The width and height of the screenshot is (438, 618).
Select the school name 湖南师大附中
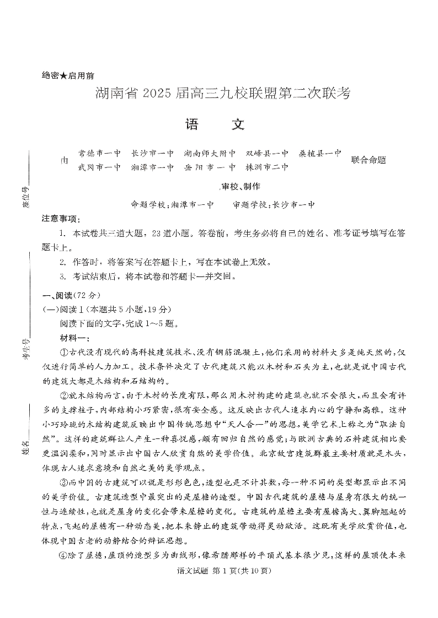point(210,154)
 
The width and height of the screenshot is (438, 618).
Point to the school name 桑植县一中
point(320,153)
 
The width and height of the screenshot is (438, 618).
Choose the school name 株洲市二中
point(267,167)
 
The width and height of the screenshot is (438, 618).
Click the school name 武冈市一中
point(99,167)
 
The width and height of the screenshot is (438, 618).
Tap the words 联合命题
point(368,160)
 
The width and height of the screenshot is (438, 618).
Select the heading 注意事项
point(61,219)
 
